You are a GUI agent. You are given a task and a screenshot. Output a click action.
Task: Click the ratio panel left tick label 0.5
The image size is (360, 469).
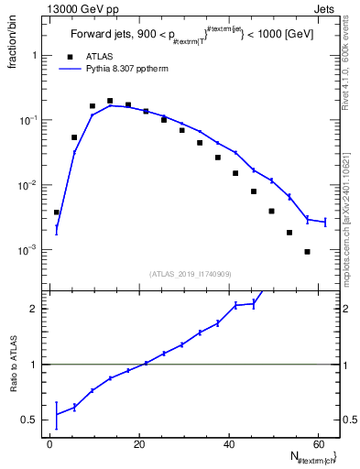[x=29, y=420]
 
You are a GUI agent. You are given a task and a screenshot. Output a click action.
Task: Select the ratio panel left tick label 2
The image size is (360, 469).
[x=33, y=310]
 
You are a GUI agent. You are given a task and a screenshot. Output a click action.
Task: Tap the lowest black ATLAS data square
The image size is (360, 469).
[x=307, y=252]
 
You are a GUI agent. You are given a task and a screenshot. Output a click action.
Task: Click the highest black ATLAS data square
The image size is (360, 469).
[x=110, y=101]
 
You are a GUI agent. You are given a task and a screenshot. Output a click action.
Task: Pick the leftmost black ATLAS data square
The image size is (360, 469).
[x=57, y=213]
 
